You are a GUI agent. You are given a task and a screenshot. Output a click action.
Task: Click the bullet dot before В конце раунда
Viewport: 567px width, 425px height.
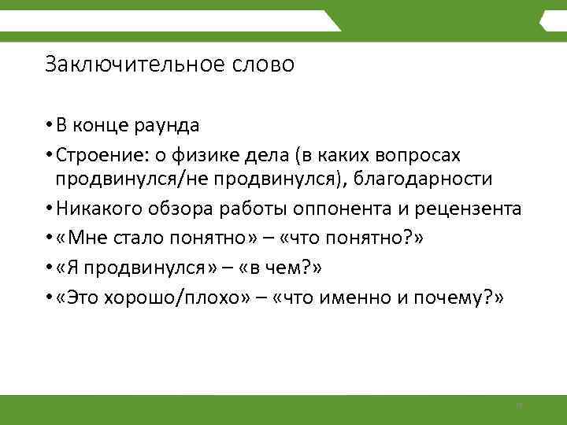click(x=49, y=125)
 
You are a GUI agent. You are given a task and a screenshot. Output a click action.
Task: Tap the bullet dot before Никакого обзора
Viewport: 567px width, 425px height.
click(x=49, y=209)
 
